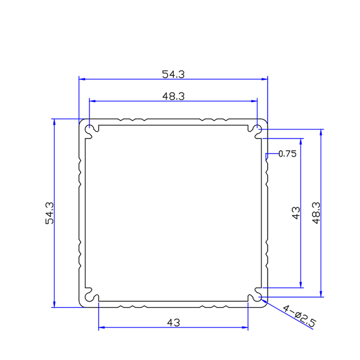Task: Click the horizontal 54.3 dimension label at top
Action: point(173,74)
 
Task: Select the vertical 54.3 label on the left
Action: point(49,213)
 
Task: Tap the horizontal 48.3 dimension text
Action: point(173,96)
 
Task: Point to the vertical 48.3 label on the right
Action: point(316,213)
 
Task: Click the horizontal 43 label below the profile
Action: point(173,323)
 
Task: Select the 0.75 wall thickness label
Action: point(288,154)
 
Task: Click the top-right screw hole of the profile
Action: point(258,129)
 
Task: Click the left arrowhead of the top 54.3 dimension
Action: point(82,79)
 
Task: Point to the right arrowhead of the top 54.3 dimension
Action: point(264,79)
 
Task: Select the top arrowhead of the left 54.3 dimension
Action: point(54,122)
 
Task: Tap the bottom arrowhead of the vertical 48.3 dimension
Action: point(321,294)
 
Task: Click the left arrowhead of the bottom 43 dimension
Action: point(101,328)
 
